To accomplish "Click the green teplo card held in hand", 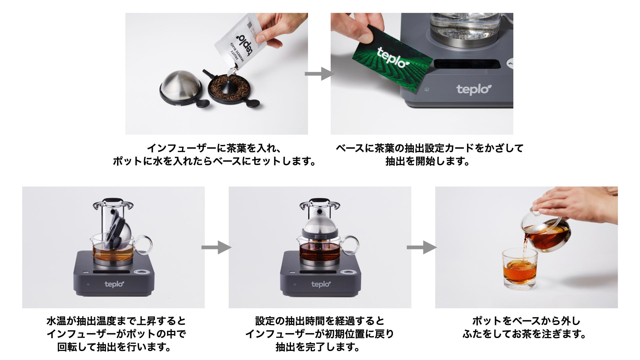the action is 393,58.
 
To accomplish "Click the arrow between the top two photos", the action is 320,74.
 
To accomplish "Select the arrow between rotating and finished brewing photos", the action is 216,247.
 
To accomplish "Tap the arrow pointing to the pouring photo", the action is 422,247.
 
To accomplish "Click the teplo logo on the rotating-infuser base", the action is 114,284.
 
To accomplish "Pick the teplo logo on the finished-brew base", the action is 321,284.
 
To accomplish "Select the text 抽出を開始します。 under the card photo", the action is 427,161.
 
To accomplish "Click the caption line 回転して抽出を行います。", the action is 114,347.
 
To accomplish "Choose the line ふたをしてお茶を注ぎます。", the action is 525,334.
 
